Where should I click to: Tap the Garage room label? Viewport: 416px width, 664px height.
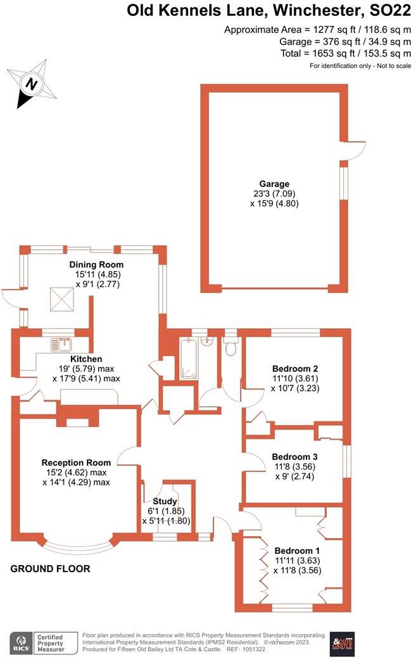pos(274,184)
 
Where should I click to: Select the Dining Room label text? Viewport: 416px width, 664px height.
pos(97,264)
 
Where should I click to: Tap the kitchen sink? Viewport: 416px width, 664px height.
pos(63,345)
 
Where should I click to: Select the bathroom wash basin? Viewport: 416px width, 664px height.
pos(208,342)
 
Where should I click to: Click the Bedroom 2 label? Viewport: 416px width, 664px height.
pos(294,369)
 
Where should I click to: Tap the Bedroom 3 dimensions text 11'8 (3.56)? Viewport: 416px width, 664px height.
pos(294,467)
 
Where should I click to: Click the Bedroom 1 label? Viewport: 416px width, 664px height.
pos(294,550)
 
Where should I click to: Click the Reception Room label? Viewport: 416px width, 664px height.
pos(76,463)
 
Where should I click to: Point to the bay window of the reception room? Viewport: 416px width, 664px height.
pos(79,545)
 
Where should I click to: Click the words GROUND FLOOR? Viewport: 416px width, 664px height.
pos(50,569)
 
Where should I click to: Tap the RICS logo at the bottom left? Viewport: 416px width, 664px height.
pos(21,643)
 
